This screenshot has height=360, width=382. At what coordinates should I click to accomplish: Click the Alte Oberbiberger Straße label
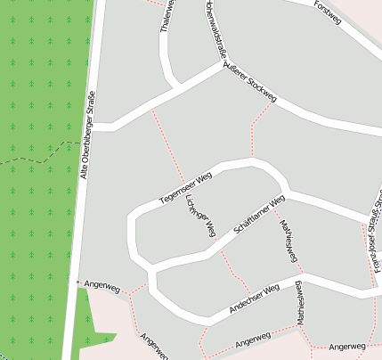click(88, 143)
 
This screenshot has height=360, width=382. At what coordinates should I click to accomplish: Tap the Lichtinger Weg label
click(201, 216)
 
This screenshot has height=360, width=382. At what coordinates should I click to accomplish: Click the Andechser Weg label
click(255, 298)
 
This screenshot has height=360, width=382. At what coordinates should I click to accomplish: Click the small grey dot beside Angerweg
click(78, 282)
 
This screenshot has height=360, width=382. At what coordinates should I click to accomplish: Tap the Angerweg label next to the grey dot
click(101, 288)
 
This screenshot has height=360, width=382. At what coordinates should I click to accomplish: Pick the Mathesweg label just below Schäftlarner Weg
click(289, 238)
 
